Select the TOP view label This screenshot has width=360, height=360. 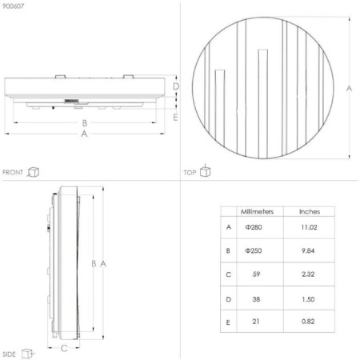(x=190, y=172)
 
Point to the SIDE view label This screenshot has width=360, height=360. (x=10, y=353)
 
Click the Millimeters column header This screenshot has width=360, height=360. (x=258, y=212)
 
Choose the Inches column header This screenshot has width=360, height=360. (x=309, y=212)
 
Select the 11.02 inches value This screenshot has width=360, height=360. (x=309, y=227)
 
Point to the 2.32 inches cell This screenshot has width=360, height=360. (x=309, y=274)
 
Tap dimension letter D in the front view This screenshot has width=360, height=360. (x=176, y=86)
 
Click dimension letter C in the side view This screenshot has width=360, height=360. (x=63, y=348)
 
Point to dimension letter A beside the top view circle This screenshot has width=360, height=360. (x=349, y=89)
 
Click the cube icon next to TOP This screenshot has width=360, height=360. (x=206, y=170)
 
